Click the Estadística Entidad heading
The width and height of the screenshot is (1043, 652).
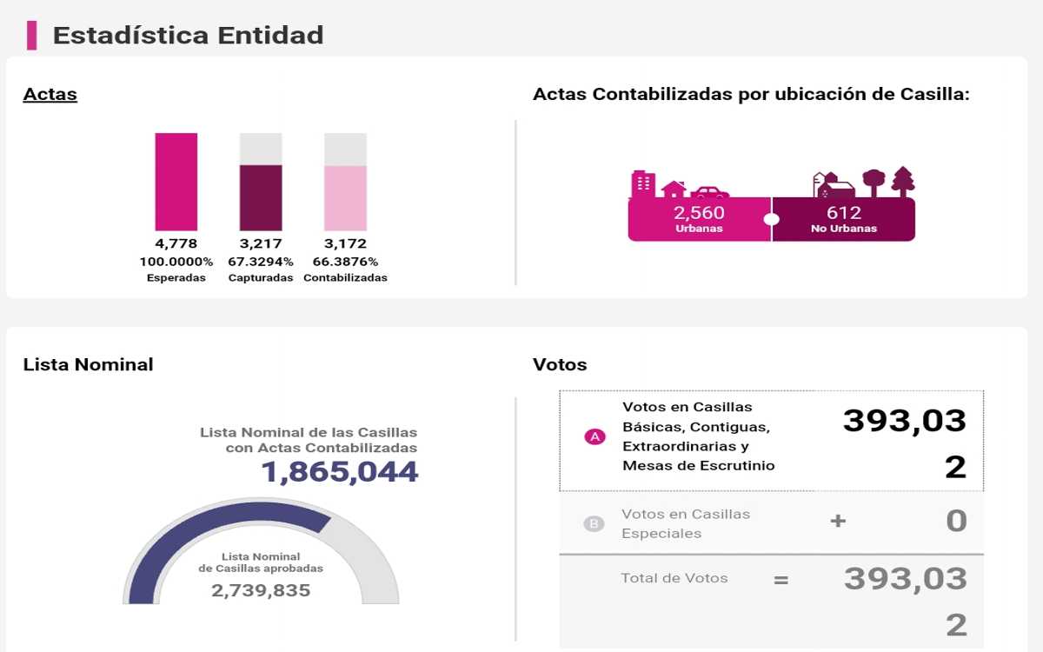click(188, 35)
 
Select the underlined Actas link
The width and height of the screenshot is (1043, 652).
click(50, 94)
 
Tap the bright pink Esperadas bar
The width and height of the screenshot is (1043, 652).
click(176, 181)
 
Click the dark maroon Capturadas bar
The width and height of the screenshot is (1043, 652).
click(261, 197)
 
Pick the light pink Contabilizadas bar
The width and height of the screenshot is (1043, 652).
click(345, 197)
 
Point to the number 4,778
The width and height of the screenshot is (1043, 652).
click(176, 244)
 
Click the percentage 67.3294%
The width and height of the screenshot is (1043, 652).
click(261, 262)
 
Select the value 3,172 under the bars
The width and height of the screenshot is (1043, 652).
click(345, 244)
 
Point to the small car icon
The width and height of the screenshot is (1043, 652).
click(710, 191)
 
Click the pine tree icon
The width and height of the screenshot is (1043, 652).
click(903, 181)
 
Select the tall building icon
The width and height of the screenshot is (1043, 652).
click(642, 183)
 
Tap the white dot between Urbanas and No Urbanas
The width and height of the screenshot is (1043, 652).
click(771, 219)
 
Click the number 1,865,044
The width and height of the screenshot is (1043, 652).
click(340, 472)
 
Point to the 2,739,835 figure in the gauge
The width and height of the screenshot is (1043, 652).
click(261, 590)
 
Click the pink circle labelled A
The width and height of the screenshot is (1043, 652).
click(595, 437)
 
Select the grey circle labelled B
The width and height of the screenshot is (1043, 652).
click(594, 524)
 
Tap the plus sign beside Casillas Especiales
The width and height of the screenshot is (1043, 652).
click(838, 522)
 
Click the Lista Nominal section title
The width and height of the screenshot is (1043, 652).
click(88, 364)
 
